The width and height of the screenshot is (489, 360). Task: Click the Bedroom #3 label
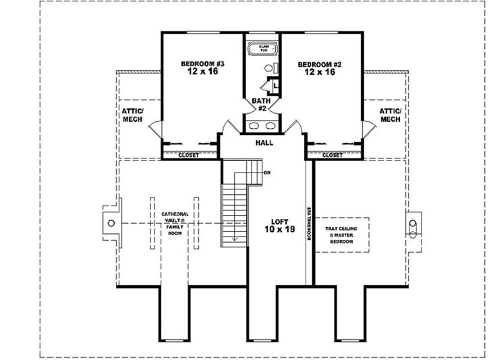pos(202,67)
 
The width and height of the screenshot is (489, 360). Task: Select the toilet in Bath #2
pos(270,68)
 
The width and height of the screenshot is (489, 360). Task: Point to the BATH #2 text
pos(260,105)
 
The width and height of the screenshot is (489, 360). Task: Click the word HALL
pos(264,143)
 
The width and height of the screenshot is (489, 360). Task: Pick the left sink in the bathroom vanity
pos(254,125)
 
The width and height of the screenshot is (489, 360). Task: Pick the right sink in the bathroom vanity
pos(269,125)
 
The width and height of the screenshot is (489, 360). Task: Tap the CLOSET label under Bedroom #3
pos(188,156)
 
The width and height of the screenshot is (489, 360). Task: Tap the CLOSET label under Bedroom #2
pos(332,155)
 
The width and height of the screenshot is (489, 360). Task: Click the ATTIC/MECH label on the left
pos(133,115)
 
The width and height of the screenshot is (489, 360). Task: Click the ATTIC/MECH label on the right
pos(390,115)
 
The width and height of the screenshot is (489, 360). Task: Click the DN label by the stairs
pos(268,173)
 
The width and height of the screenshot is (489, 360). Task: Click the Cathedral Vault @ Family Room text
pos(174,223)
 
